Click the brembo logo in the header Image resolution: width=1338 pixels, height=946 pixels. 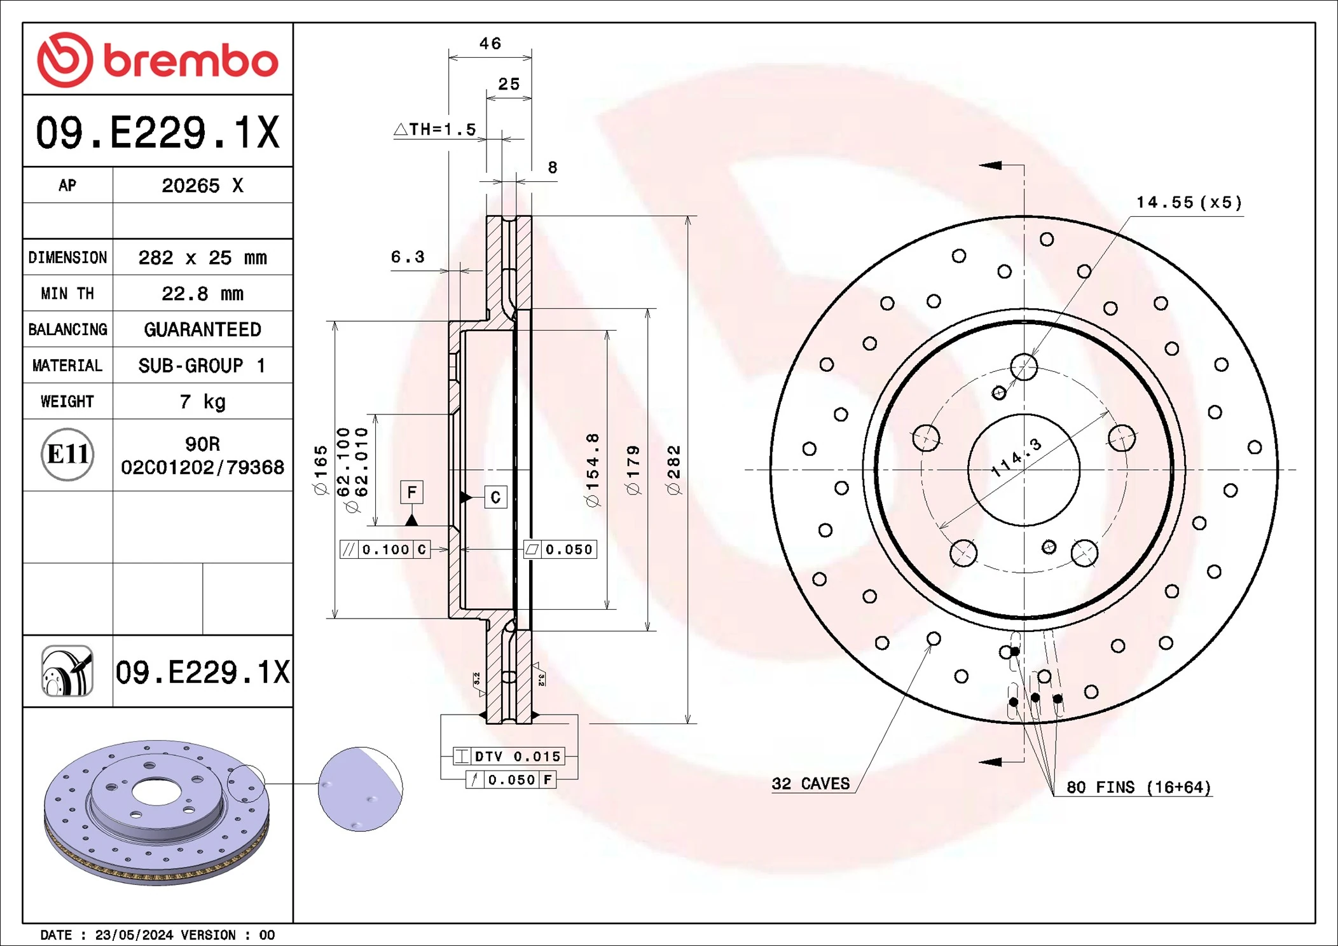(158, 60)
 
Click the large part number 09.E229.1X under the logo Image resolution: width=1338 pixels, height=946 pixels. (158, 133)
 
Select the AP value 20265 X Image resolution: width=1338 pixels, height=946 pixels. (202, 186)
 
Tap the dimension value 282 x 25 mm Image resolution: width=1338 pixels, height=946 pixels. (202, 257)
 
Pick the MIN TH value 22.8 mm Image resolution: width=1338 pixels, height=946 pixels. (202, 294)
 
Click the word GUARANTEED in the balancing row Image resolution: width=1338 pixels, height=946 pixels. (202, 329)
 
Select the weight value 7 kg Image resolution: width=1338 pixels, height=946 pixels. (202, 402)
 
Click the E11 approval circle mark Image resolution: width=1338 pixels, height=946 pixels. (67, 455)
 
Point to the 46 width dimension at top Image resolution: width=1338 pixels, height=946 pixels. (490, 44)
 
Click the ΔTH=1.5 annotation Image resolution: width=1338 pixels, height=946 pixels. (436, 130)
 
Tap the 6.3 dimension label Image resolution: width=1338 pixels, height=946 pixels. (408, 257)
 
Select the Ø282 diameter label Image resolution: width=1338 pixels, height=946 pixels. (673, 470)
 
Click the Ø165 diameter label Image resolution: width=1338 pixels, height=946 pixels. (321, 470)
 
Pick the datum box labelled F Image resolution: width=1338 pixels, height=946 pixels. (411, 492)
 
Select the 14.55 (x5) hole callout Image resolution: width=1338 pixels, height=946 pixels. (1189, 203)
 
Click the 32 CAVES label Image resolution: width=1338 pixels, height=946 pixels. (810, 783)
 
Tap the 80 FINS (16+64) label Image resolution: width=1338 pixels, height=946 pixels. (1138, 787)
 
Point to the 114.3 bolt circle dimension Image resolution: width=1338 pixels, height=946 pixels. (1017, 457)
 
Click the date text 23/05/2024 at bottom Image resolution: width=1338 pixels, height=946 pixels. (134, 935)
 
